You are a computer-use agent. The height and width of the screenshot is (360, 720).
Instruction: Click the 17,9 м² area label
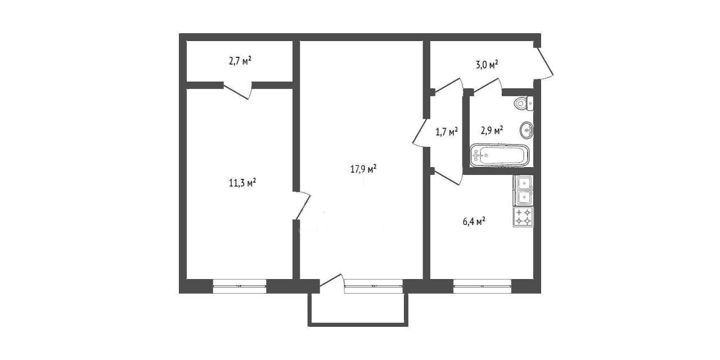point(363,169)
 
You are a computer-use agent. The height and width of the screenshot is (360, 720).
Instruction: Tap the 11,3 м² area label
point(242,183)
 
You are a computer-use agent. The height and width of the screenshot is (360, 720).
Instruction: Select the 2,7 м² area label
point(240,61)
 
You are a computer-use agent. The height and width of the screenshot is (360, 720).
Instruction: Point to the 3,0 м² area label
point(487,65)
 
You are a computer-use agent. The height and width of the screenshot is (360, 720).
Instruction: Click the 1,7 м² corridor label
point(447,132)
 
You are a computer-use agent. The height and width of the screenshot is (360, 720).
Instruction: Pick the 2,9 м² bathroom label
point(492,130)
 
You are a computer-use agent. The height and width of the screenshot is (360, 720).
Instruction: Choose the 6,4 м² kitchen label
point(474,222)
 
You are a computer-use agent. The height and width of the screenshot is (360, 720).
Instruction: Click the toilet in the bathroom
point(524,103)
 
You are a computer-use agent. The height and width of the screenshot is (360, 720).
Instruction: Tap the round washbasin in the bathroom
point(526,130)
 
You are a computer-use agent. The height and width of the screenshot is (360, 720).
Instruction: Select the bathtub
point(499,156)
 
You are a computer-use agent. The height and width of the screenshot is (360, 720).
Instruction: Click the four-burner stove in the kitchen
point(523,217)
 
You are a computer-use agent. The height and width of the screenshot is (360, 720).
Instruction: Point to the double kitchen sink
point(523,191)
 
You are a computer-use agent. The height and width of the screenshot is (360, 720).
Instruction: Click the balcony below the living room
point(358,310)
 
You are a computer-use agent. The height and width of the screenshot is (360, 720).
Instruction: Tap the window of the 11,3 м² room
point(240,286)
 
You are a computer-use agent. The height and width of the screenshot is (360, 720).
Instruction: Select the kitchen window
point(482,286)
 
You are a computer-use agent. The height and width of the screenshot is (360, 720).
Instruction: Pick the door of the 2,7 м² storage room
point(237,91)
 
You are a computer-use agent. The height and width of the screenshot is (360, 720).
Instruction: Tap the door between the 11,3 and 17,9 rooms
point(301,206)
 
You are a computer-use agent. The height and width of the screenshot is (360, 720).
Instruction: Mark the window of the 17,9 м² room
point(373,286)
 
